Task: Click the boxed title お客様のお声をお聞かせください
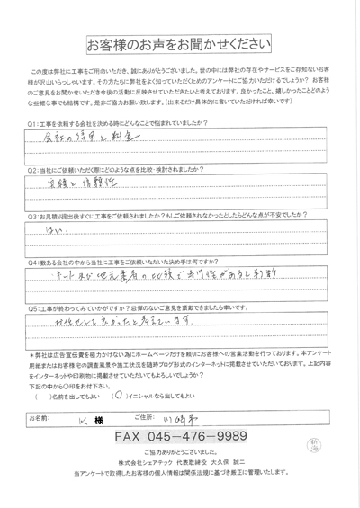pyautogui.click(x=177, y=45)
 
